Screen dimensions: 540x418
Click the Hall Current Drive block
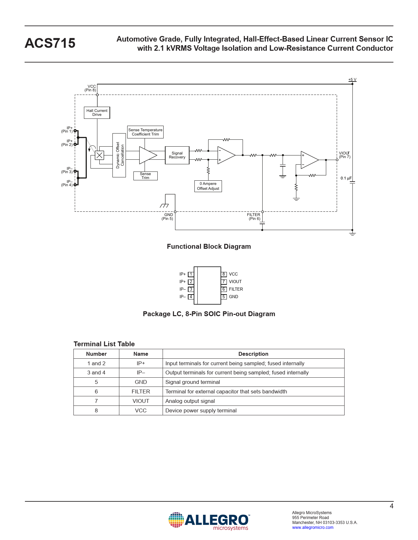tap(97, 113)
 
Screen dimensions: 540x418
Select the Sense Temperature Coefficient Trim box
tap(145, 132)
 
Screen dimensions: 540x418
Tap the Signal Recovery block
tap(177, 155)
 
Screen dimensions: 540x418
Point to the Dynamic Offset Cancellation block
tap(119, 155)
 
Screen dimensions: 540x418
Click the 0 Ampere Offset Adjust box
tap(208, 186)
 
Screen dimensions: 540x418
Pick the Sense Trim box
tap(145, 176)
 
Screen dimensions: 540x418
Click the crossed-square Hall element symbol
tap(99, 155)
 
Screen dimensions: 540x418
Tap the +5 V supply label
tap(352, 80)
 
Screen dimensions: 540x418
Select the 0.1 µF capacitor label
tap(346, 178)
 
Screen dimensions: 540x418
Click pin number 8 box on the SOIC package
tap(224, 274)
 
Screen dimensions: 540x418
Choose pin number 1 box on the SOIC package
tap(191, 274)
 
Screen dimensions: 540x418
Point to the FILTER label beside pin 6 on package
tap(236, 289)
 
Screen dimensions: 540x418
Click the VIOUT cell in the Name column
tap(141, 401)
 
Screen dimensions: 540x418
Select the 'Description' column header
tap(253, 354)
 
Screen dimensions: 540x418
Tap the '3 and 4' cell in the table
tap(96, 372)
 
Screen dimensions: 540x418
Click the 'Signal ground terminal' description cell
tap(193, 382)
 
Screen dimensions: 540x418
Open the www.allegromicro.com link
tap(312, 527)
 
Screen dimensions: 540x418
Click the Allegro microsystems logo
tap(209, 521)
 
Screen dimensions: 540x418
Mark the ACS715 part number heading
tap(50, 43)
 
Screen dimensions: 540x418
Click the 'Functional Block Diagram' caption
tap(209, 246)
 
